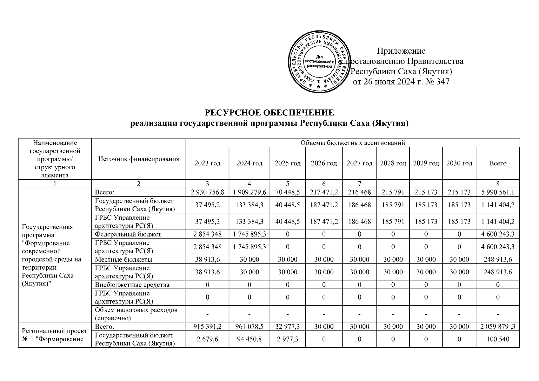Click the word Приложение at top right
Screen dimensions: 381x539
pyautogui.click(x=401, y=51)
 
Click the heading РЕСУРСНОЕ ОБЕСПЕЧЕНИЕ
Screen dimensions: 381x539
pyautogui.click(x=269, y=113)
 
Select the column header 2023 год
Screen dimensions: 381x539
pyautogui.click(x=207, y=163)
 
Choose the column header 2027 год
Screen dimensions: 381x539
pyautogui.click(x=359, y=163)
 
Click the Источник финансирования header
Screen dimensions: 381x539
pyautogui.click(x=138, y=159)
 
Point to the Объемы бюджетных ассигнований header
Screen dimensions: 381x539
pyautogui.click(x=352, y=143)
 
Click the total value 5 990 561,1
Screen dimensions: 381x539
pyautogui.click(x=497, y=192)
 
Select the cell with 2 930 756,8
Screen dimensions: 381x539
pyautogui.click(x=207, y=192)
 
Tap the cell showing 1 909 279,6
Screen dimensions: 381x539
pyautogui.click(x=249, y=192)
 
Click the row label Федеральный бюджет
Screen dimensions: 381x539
pyautogui.click(x=128, y=234)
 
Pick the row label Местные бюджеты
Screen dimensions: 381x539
pyautogui.click(x=123, y=259)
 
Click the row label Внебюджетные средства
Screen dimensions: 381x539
pyautogui.click(x=132, y=285)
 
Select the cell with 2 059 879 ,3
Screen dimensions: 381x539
pyautogui.click(x=497, y=327)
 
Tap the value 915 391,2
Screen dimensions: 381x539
pyautogui.click(x=207, y=327)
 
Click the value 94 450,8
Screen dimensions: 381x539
pyautogui.click(x=249, y=339)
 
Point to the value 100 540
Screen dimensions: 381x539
pyautogui.click(x=497, y=339)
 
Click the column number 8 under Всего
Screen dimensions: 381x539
pyautogui.click(x=497, y=184)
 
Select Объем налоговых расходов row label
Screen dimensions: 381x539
pyautogui.click(x=136, y=314)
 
